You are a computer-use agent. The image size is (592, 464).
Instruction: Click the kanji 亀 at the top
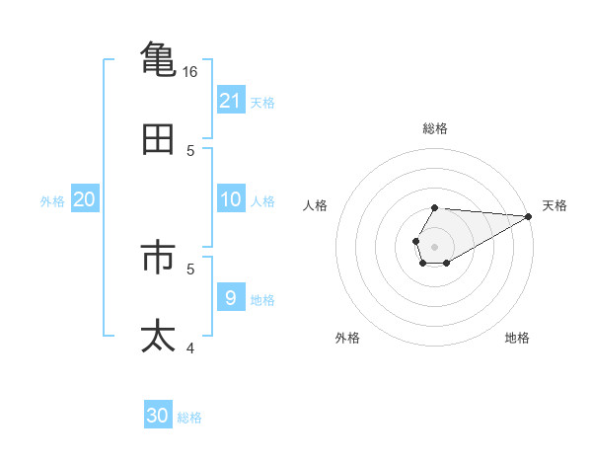point(159,58)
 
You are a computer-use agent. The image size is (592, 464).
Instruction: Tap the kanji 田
point(159,139)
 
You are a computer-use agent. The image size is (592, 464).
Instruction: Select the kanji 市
point(159,257)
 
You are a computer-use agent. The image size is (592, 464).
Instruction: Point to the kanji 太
point(159,336)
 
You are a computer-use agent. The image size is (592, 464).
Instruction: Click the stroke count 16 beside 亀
point(190,72)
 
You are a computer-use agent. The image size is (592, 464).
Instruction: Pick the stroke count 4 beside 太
point(191,348)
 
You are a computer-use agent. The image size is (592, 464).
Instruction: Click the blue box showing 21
point(230,100)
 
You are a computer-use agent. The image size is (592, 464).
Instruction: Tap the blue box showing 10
point(230,199)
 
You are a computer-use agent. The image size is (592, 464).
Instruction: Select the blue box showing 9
point(230,296)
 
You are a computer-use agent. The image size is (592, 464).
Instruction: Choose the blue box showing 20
point(84,199)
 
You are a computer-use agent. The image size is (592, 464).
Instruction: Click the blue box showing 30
point(158,416)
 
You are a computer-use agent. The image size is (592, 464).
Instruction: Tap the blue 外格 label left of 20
point(52,200)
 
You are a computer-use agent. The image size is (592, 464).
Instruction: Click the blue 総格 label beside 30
point(189,418)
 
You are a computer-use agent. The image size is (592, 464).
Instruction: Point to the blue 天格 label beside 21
point(262,102)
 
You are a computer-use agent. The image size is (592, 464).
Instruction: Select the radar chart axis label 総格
point(434,128)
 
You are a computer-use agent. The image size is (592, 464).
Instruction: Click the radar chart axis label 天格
point(555,205)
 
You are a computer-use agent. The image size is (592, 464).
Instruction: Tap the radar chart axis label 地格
point(517,338)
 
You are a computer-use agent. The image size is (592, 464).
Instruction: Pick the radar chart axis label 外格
point(347,338)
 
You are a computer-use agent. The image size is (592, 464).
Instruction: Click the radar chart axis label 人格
point(315,205)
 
